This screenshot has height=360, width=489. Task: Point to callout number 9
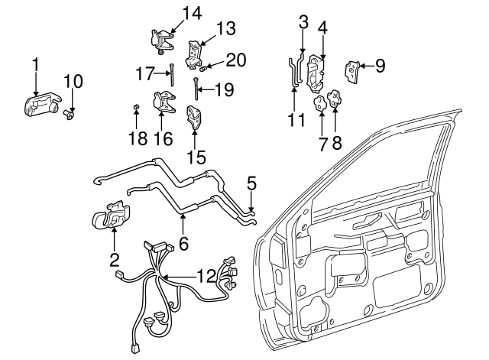pos(380,66)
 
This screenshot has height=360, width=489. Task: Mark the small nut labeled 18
pos(135,105)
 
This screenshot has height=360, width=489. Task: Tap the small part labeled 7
pos(319,103)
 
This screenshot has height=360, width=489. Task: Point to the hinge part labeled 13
pos(196,52)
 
